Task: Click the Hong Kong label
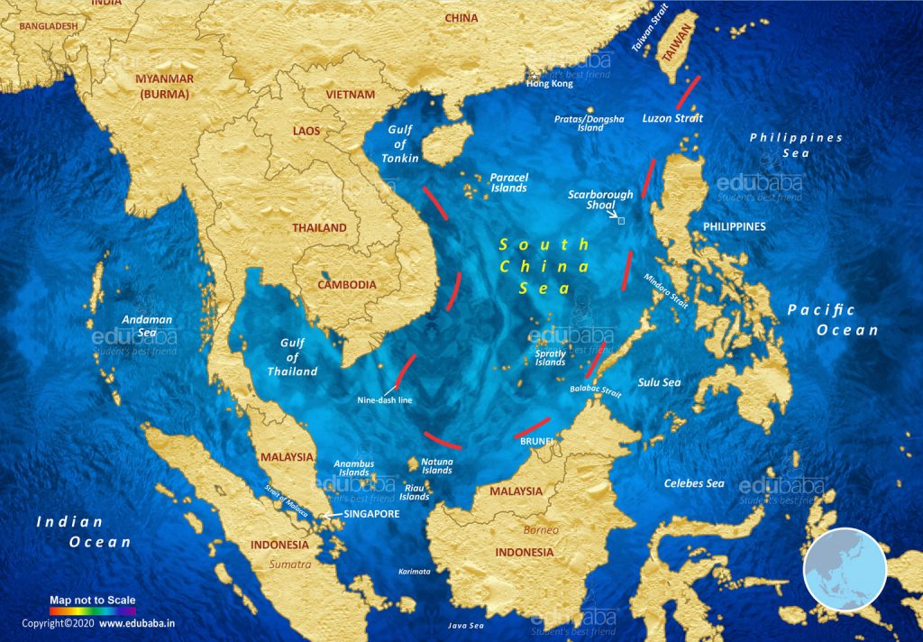point(550,83)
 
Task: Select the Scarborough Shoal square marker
point(621,220)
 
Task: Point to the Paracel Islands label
point(509,183)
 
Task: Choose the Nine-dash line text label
point(384,400)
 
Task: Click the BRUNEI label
point(536,440)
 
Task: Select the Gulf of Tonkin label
point(400,144)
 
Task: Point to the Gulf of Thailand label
point(292,357)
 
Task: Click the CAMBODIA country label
point(347,285)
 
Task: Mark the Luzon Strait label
point(672,118)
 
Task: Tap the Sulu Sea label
point(659,382)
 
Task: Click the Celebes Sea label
point(694,483)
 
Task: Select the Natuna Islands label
point(437,466)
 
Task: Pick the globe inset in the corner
point(845,569)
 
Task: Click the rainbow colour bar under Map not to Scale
point(92,610)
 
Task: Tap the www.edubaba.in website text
point(136,623)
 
